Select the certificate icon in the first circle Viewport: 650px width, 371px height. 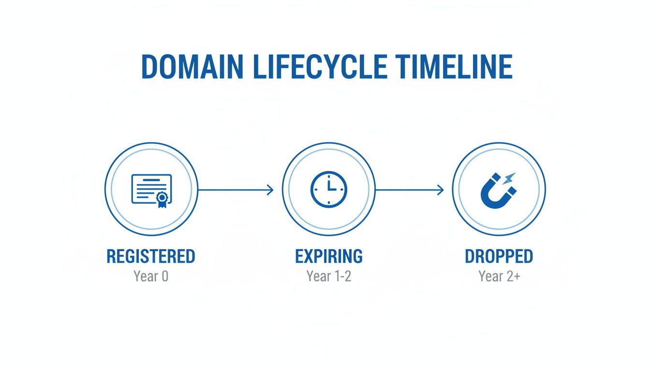click(x=151, y=190)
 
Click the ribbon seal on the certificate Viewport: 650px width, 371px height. click(x=161, y=199)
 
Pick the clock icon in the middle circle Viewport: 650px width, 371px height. click(x=328, y=190)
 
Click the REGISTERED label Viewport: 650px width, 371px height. click(x=151, y=257)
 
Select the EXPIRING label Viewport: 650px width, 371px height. click(x=328, y=257)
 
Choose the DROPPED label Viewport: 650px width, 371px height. click(x=499, y=257)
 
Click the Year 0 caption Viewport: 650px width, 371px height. click(x=151, y=277)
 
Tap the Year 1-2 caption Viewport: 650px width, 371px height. click(x=328, y=277)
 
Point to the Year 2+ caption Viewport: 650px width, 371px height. click(x=499, y=277)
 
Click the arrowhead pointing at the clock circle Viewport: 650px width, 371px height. click(x=270, y=190)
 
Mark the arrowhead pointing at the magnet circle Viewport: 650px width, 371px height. click(x=440, y=190)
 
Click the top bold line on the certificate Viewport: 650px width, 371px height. click(x=151, y=181)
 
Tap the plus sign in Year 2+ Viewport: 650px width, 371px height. click(x=517, y=277)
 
